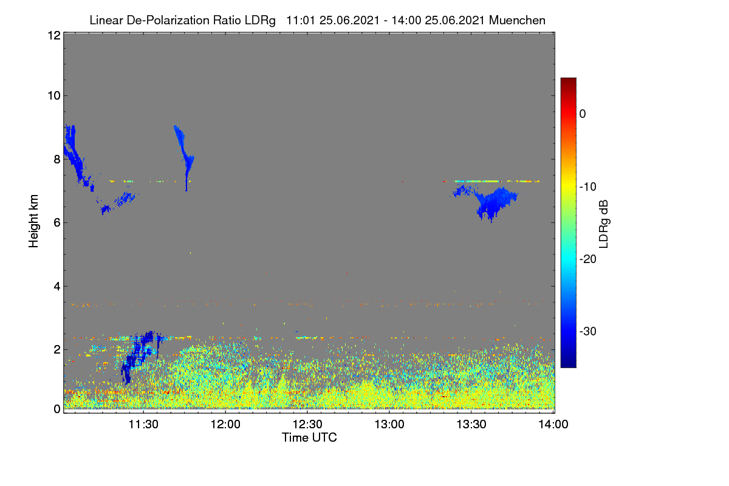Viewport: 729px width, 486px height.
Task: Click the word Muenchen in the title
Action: click(517, 20)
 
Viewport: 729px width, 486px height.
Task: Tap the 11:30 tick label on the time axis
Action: click(143, 425)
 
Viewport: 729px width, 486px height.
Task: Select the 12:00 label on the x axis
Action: click(225, 425)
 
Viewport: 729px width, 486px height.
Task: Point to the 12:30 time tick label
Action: click(307, 425)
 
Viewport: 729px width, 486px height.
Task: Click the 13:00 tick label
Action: click(389, 425)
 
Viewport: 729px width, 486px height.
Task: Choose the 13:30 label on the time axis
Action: click(471, 425)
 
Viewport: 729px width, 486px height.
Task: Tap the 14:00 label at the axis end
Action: click(553, 425)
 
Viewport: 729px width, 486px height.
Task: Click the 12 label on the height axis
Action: click(54, 35)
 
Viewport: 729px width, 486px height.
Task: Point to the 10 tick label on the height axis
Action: click(54, 96)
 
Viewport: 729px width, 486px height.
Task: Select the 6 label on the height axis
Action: click(57, 223)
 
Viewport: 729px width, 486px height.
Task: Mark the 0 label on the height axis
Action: click(57, 409)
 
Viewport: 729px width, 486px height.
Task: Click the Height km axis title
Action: click(33, 221)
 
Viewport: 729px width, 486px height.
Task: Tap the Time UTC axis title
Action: click(309, 437)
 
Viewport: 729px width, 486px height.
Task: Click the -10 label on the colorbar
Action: click(588, 187)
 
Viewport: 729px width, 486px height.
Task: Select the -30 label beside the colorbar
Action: click(588, 331)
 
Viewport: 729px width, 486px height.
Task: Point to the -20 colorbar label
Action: click(588, 259)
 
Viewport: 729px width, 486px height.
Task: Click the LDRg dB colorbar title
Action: click(604, 224)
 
